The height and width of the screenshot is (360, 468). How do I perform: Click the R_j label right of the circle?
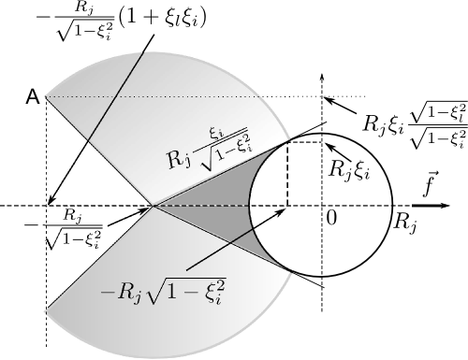pos(405,223)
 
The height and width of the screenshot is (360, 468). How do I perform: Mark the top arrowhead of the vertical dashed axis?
pos(322,76)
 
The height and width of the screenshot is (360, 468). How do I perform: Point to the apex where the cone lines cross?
pos(154,205)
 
